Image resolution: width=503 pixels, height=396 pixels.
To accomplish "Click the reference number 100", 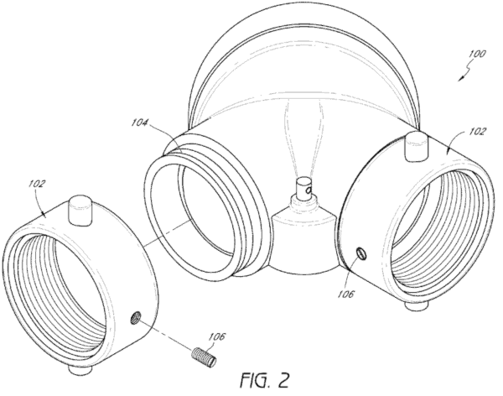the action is click(x=477, y=54).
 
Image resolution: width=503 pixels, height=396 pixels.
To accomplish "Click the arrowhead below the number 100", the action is click(x=461, y=78).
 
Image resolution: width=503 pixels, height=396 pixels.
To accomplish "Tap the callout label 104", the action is click(x=139, y=122).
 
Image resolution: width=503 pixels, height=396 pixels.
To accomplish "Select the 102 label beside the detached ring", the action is click(x=37, y=184).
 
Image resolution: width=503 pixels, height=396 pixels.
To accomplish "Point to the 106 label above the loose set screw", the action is click(x=217, y=336).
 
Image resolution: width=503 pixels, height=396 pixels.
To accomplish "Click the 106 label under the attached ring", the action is click(x=345, y=294).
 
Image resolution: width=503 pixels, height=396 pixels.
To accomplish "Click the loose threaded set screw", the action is click(x=204, y=357).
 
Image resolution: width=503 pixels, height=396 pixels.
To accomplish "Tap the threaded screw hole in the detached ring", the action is click(x=135, y=317).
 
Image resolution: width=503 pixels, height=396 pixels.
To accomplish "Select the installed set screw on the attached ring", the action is click(x=362, y=253).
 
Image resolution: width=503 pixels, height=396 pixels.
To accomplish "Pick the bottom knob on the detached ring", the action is click(x=80, y=370).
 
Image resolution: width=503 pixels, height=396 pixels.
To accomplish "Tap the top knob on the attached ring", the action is click(x=416, y=146).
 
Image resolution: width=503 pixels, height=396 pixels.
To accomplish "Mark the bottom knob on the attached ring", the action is click(x=417, y=305).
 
